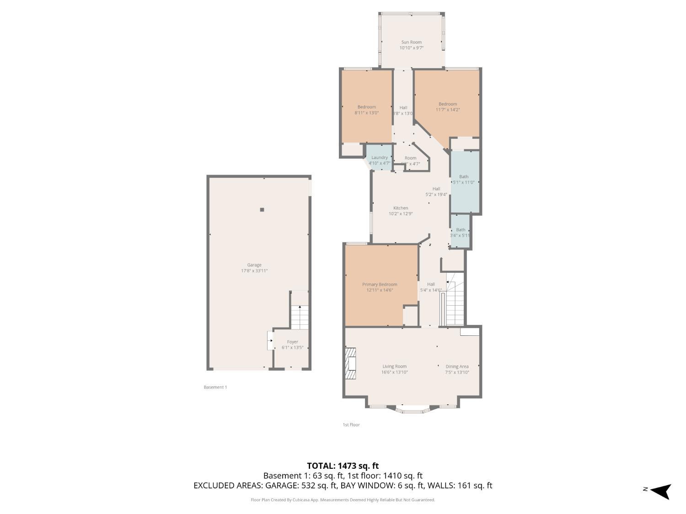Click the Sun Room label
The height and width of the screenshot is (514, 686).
coord(411,42)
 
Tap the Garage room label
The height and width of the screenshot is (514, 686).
coord(254,265)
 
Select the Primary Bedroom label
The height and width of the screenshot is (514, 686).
coord(380,284)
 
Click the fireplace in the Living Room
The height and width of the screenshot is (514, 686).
coord(351,364)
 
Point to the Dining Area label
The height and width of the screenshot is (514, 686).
coord(457,366)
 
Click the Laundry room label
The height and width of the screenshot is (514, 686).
coord(380,158)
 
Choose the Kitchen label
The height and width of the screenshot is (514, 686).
coord(401,208)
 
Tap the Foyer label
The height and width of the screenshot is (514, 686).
coord(292,342)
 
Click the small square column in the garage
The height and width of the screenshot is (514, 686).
coord(262,210)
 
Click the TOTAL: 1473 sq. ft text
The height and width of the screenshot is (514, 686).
coord(343,466)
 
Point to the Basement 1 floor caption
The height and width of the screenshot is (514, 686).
coord(215,387)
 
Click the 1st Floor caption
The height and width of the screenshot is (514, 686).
coord(351,424)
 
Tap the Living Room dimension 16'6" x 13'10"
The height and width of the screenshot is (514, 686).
coord(395,372)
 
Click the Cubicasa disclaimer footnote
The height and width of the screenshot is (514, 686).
coord(343,500)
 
